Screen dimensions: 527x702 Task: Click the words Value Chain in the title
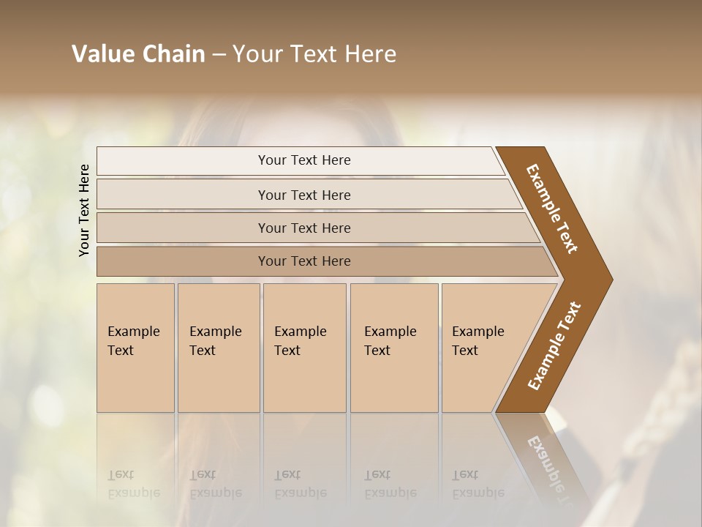tap(138, 54)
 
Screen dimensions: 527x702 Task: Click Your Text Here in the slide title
tap(314, 54)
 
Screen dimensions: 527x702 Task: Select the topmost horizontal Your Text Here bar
tap(304, 160)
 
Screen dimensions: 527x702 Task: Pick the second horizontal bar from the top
tap(304, 195)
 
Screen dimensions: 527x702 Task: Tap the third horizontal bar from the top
tap(304, 228)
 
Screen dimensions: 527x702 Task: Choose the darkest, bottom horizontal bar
tap(304, 261)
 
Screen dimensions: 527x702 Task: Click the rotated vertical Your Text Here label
tap(84, 210)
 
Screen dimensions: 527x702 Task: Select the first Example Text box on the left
tap(135, 348)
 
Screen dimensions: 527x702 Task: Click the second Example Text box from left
tap(218, 348)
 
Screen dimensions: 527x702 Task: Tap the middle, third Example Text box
tap(303, 348)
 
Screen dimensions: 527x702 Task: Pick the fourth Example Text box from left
tap(393, 348)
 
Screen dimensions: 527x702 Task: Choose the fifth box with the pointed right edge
tap(483, 348)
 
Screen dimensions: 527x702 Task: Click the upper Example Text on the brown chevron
tap(552, 209)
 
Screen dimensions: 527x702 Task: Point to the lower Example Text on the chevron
tap(554, 346)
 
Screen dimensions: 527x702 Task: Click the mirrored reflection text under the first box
tap(133, 484)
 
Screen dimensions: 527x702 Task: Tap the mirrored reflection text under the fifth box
tap(478, 484)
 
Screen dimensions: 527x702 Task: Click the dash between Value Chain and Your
tap(219, 54)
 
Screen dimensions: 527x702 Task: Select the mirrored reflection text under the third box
tap(300, 484)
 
